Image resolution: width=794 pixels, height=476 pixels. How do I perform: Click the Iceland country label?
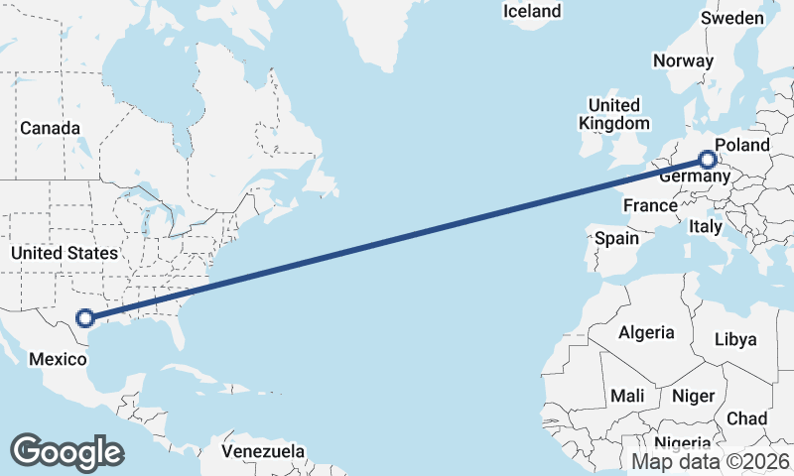click(x=532, y=12)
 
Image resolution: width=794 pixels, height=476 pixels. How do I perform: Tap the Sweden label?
click(x=732, y=19)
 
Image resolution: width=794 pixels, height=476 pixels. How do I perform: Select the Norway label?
click(x=683, y=60)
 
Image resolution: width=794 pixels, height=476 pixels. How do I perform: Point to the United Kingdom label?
click(x=614, y=114)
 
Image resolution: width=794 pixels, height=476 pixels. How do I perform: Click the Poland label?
click(x=741, y=145)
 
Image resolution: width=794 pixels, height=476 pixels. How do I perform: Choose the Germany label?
click(x=694, y=176)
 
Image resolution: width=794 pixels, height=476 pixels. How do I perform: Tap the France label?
click(x=649, y=205)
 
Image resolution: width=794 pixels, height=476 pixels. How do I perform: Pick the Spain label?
click(x=616, y=238)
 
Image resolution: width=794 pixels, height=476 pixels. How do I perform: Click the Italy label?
click(x=706, y=227)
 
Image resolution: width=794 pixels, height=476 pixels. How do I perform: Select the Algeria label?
click(x=646, y=333)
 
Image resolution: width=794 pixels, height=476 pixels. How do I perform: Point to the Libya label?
click(x=735, y=339)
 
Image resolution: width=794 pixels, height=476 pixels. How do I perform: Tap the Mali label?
click(x=627, y=396)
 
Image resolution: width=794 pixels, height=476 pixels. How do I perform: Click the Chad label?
click(x=746, y=418)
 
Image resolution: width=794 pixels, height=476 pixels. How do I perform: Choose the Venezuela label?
click(x=263, y=451)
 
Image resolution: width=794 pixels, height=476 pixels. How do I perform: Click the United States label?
click(x=64, y=254)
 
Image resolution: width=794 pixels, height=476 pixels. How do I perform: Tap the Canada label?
click(x=50, y=128)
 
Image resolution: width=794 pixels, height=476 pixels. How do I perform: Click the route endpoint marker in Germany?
click(x=708, y=159)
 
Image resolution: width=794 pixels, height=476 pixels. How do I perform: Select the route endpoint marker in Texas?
click(x=85, y=318)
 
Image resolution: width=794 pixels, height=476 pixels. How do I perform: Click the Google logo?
click(x=66, y=451)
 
